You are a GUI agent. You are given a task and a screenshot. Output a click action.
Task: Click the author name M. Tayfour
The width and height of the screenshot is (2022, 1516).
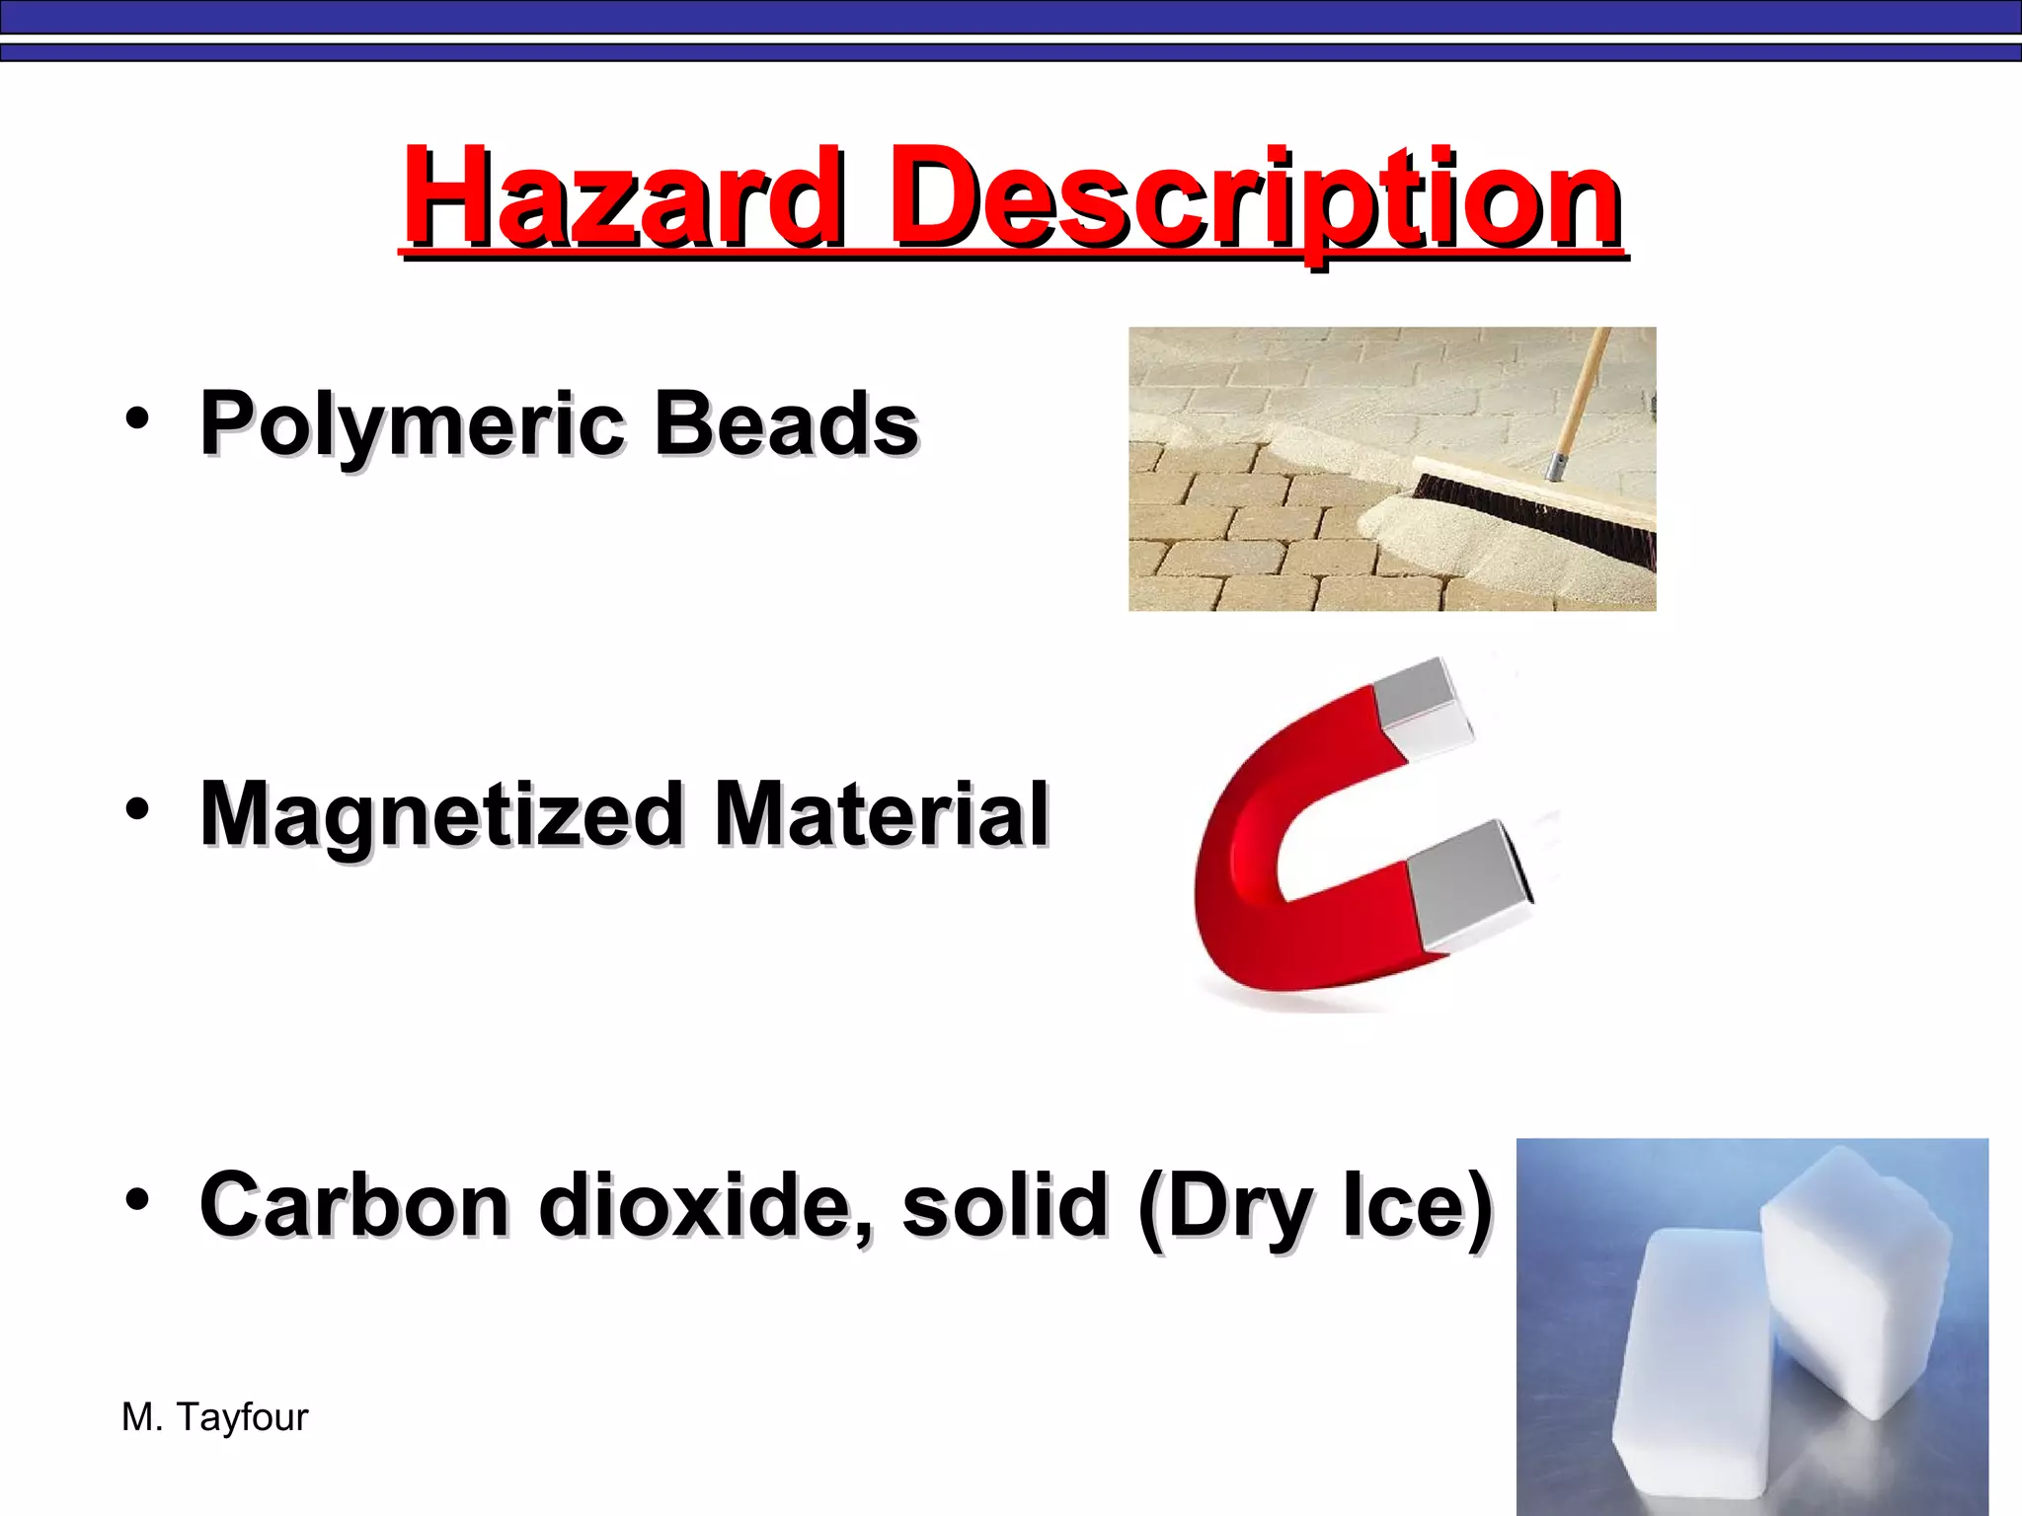[x=214, y=1417]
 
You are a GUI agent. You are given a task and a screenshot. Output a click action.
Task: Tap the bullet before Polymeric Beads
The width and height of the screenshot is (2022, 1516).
[x=137, y=418]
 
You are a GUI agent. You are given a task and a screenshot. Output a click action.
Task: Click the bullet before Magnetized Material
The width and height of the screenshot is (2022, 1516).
[x=137, y=809]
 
